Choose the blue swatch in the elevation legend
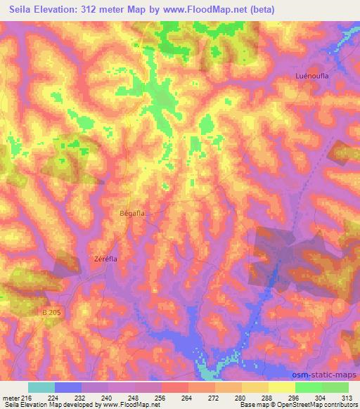click(67, 387)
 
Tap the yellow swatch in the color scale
click(281, 387)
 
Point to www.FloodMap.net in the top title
click(207, 9)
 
